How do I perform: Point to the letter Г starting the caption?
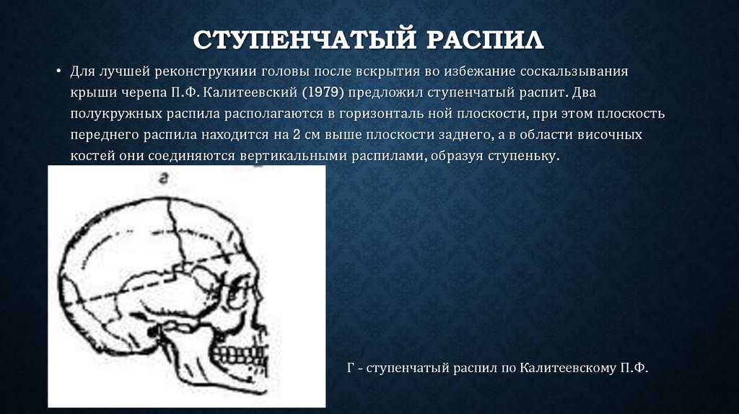click(350, 369)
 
